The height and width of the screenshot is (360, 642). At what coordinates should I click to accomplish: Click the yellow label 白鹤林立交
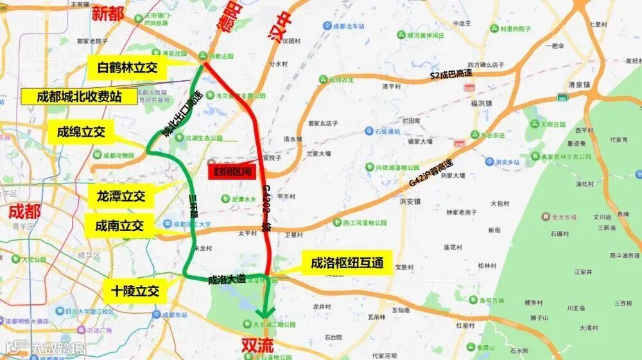127,67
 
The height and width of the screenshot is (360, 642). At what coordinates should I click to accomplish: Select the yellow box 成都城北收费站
79,98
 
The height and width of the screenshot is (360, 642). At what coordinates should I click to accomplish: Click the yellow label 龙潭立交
121,196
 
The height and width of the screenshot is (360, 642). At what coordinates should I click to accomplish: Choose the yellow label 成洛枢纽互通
347,263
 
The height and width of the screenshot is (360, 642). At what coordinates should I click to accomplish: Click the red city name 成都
24,211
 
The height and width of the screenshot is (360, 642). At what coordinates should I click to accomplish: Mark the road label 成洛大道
227,279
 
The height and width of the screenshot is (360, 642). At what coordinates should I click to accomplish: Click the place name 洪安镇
409,201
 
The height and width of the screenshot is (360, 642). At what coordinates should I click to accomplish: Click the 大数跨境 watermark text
57,348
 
